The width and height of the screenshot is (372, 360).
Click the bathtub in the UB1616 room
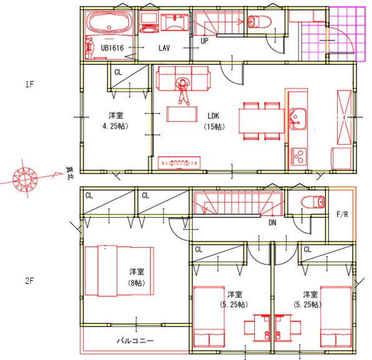(x=109, y=22)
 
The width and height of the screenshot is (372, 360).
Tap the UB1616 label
(x=112, y=48)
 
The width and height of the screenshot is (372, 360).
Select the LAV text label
(x=164, y=48)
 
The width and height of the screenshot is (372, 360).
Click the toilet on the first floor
(x=259, y=22)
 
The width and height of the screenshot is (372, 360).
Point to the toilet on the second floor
(x=313, y=202)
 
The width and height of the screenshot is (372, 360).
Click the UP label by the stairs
(x=204, y=41)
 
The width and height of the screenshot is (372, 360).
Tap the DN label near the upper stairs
(x=272, y=223)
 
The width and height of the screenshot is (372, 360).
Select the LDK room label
(x=213, y=116)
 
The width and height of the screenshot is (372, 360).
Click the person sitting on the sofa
(x=183, y=91)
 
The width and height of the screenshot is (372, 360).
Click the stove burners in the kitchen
(x=298, y=156)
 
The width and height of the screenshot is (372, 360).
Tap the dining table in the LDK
(x=262, y=120)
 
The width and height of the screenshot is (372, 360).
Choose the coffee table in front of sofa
(x=182, y=114)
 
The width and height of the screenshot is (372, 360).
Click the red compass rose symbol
(x=25, y=178)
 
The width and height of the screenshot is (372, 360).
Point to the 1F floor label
(x=30, y=84)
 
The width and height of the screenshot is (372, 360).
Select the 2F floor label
(x=30, y=281)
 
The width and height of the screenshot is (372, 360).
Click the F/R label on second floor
(x=342, y=215)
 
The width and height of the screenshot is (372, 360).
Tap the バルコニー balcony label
(x=135, y=341)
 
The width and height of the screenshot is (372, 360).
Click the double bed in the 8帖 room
(x=120, y=271)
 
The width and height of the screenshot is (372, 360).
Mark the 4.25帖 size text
(x=115, y=126)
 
